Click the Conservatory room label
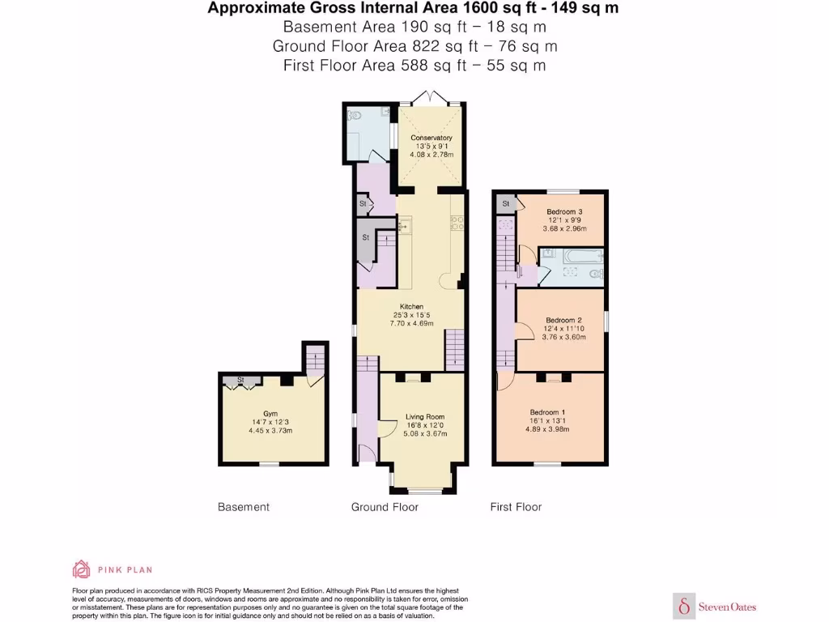coord(431,138)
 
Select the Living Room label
coord(425,417)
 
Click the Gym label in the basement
coord(270,414)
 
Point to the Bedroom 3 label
coord(563,212)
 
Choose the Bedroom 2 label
coord(563,320)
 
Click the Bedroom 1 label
coord(548,412)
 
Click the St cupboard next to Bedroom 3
coord(505,203)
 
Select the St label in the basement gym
coord(240,379)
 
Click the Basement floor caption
coord(243,507)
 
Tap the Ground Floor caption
coord(385,507)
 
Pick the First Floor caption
coord(516,507)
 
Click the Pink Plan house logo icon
coord(81,569)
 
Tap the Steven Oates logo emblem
coord(685,606)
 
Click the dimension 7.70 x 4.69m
coord(411,323)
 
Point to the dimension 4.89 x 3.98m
coord(547,429)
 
